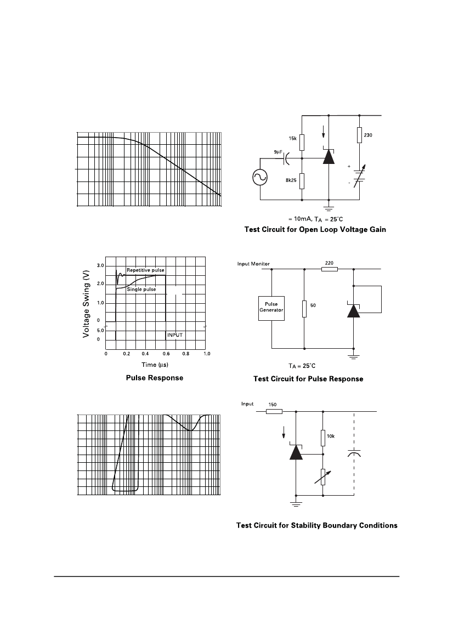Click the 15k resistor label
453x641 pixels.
pyautogui.click(x=293, y=139)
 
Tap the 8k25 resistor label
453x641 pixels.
pyautogui.click(x=291, y=180)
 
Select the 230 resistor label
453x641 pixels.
pyautogui.click(x=368, y=135)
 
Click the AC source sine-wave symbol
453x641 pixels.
pyautogui.click(x=260, y=177)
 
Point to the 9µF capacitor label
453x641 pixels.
pyautogui.click(x=278, y=152)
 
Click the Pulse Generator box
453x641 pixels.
pyautogui.click(x=271, y=309)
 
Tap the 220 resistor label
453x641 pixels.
pyautogui.click(x=329, y=263)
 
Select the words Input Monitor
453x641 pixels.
pyautogui.click(x=253, y=264)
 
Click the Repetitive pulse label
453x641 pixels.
pyautogui.click(x=145, y=270)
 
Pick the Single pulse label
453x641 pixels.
pyautogui.click(x=141, y=290)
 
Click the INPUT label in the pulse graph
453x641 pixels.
pyautogui.click(x=175, y=335)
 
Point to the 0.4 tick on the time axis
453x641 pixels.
pyautogui.click(x=145, y=354)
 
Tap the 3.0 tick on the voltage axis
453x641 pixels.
pyautogui.click(x=100, y=266)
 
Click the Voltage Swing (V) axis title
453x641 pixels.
pyautogui.click(x=86, y=304)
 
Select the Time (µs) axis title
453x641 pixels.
pyautogui.click(x=155, y=365)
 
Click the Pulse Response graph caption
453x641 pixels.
pyautogui.click(x=155, y=378)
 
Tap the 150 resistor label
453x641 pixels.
pyautogui.click(x=272, y=405)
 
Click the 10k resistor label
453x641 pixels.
pyautogui.click(x=331, y=436)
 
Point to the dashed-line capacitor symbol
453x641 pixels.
pyautogui.click(x=354, y=454)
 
